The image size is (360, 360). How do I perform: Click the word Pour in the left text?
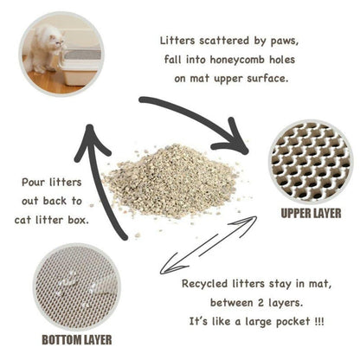click(35, 183)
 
